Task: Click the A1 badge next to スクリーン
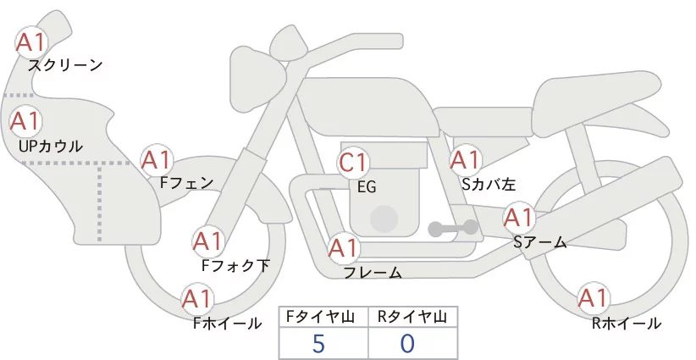click(32, 42)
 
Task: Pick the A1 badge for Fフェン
click(157, 159)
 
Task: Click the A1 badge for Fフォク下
click(207, 242)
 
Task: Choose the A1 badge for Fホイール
click(197, 299)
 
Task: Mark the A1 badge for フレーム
click(344, 249)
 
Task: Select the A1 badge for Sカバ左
click(466, 159)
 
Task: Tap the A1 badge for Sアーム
click(519, 218)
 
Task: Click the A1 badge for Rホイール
click(593, 299)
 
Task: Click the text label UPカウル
click(50, 147)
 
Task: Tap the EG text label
click(367, 186)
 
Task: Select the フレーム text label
click(373, 273)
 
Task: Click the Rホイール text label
click(627, 324)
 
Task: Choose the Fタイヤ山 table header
click(323, 317)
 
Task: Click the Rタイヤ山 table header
click(412, 317)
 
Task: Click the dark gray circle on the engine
click(385, 218)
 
